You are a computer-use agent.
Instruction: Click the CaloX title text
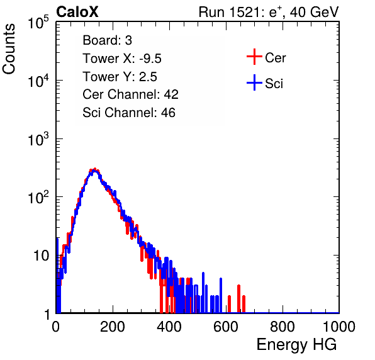(x=77, y=12)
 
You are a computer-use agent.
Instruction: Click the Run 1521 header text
(x=269, y=12)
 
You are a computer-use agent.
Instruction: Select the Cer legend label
(x=275, y=58)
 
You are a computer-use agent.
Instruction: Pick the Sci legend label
(x=274, y=84)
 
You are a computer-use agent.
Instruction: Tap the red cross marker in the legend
(x=254, y=57)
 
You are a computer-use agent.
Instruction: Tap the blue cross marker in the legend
(x=254, y=82)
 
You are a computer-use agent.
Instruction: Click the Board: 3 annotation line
(x=107, y=40)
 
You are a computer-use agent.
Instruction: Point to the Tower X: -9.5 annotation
(x=122, y=59)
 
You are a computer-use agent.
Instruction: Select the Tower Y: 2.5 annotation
(x=120, y=77)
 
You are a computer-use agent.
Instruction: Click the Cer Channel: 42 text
(x=131, y=94)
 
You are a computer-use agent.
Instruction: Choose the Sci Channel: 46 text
(x=129, y=113)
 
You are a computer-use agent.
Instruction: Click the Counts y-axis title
(x=9, y=49)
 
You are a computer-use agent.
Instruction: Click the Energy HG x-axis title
(x=296, y=344)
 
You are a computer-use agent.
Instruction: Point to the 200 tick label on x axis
(x=113, y=327)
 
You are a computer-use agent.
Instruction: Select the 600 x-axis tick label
(x=226, y=327)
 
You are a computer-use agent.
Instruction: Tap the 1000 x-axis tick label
(x=339, y=327)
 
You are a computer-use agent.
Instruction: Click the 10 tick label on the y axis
(x=42, y=256)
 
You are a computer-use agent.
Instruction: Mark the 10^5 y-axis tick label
(x=38, y=22)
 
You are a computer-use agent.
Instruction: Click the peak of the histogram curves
(x=95, y=169)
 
